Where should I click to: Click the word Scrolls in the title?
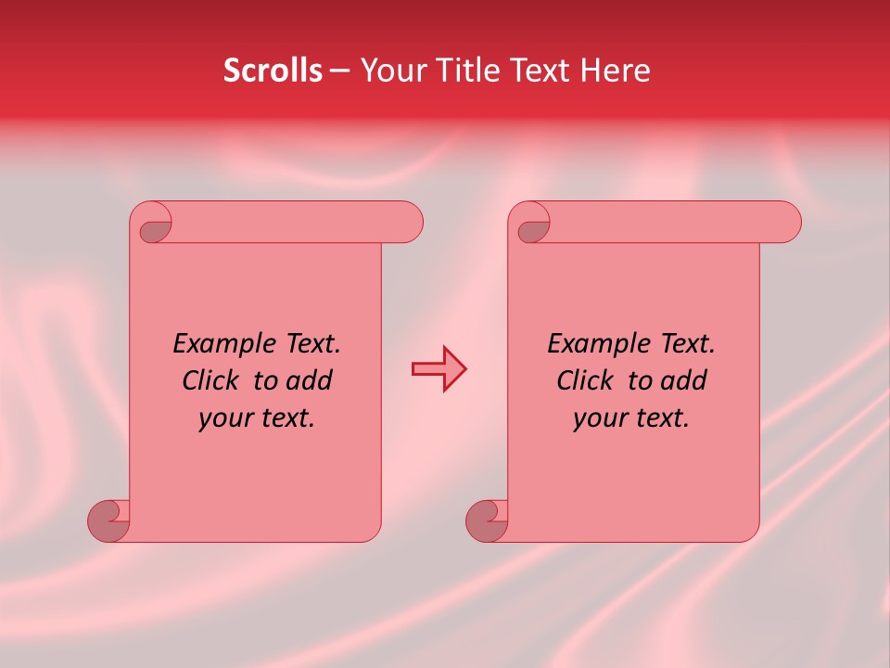click(x=273, y=71)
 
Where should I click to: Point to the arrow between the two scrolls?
click(x=439, y=369)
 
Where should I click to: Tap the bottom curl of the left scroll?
click(x=109, y=520)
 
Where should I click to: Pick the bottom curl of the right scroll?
click(x=488, y=520)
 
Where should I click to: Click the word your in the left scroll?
click(x=223, y=418)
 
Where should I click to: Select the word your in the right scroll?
click(x=598, y=418)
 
